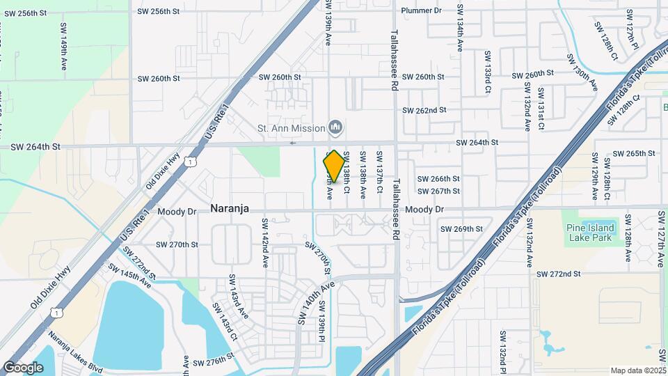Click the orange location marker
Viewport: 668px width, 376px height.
tap(334, 166)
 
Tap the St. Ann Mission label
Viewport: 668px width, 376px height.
tap(291, 128)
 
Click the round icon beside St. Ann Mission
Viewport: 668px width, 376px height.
tap(337, 127)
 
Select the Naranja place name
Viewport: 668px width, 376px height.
tap(230, 208)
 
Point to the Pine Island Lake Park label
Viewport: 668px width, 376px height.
tap(590, 233)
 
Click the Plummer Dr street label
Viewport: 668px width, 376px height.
tap(422, 10)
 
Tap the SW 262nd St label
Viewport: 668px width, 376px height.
tap(424, 110)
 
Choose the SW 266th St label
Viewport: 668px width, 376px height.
tap(438, 179)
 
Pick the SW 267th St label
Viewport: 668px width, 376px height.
tap(438, 191)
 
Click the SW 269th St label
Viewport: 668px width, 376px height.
tap(461, 228)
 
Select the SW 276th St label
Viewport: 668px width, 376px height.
tap(214, 363)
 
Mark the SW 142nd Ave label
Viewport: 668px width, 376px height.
tap(265, 243)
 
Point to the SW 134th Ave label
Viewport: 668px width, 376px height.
tap(460, 28)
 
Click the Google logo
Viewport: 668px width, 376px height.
tap(23, 368)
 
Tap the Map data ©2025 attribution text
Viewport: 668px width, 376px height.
tap(637, 370)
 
